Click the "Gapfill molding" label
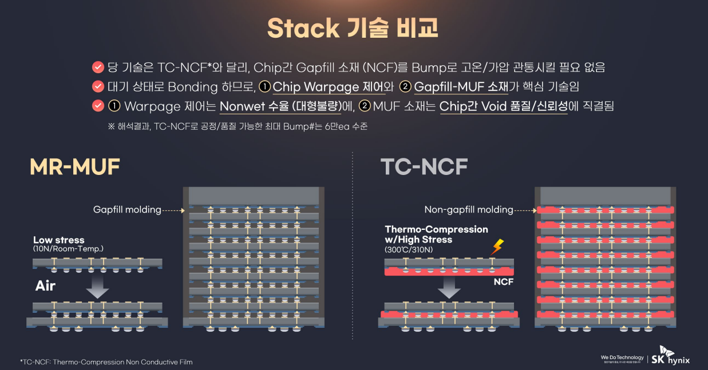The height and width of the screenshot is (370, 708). pos(127,210)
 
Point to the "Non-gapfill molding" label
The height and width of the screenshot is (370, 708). pos(468,210)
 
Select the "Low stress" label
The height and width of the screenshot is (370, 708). pos(58,240)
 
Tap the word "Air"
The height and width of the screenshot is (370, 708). pos(45,286)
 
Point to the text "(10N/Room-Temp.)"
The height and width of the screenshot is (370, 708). pos(68,249)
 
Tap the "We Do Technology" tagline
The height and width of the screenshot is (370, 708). pos(622,357)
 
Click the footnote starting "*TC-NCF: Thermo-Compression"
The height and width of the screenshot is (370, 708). pos(106,362)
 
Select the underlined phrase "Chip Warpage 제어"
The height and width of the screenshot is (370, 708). pos(324,87)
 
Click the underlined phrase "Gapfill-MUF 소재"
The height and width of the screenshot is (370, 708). pos(461,87)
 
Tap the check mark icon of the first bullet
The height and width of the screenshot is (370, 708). pos(97,67)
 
